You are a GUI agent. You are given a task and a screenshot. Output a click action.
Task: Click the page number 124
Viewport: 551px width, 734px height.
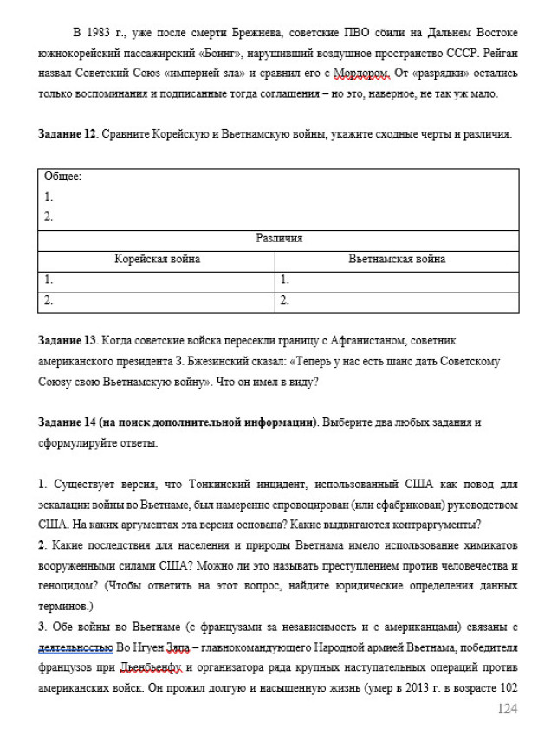click(x=506, y=709)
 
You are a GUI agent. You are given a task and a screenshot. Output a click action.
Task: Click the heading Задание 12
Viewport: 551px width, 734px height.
click(x=68, y=135)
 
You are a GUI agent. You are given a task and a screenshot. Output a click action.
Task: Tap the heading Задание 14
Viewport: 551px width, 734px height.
click(x=68, y=422)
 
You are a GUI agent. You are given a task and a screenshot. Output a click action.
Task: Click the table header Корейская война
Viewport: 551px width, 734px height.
click(x=157, y=259)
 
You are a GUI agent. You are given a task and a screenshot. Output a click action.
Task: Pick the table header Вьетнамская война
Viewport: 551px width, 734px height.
click(x=397, y=259)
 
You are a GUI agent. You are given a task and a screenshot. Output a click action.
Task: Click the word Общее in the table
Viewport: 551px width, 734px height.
click(x=62, y=177)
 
